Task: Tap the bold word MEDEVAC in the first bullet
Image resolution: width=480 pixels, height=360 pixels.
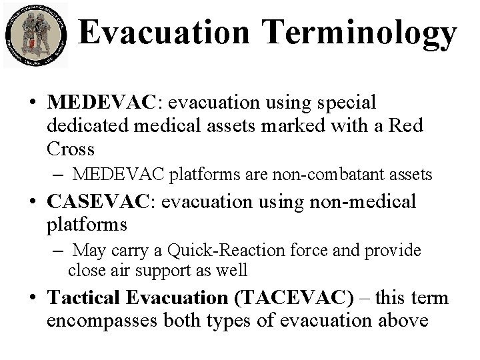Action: pos(100,103)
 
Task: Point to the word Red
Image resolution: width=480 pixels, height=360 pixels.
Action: pos(406,125)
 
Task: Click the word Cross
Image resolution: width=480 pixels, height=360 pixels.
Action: pos(69,147)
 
